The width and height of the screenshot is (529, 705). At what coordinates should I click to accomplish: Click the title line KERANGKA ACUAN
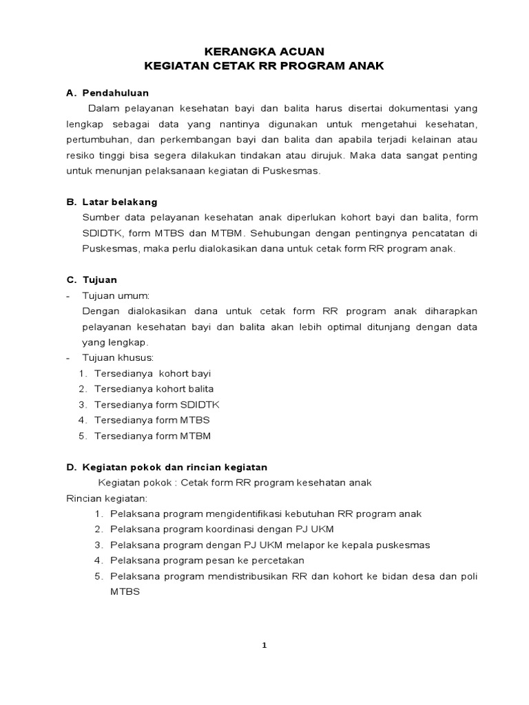coord(264,51)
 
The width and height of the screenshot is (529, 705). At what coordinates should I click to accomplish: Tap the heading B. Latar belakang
coord(112,202)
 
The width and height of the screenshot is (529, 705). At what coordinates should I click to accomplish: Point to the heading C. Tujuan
coord(92,280)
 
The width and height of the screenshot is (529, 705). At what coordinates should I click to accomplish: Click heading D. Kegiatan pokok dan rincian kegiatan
coord(167,467)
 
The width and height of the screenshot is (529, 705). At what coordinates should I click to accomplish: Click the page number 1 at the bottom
coord(264,645)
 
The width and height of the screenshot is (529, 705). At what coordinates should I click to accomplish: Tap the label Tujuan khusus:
coord(117,358)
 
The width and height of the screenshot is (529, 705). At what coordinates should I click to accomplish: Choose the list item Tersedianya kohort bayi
coord(152,373)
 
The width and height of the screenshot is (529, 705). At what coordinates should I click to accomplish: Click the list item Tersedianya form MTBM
coord(152,436)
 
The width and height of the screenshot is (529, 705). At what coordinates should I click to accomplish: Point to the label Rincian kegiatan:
coord(107,498)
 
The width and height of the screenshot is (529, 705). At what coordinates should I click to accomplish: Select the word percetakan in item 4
coord(275,560)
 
